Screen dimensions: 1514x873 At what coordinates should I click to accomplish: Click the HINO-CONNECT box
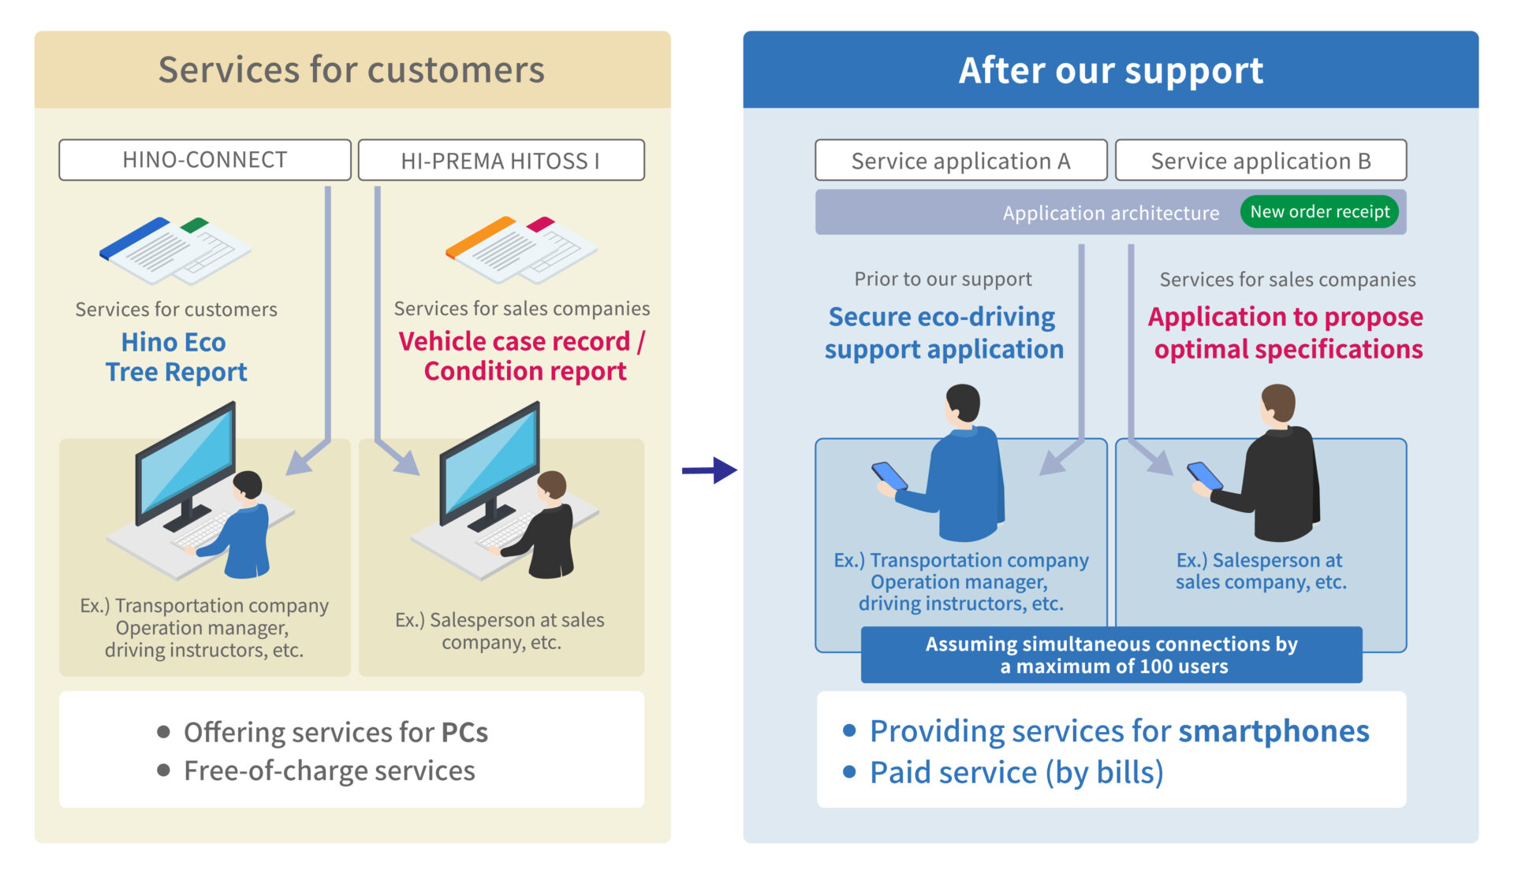click(x=205, y=160)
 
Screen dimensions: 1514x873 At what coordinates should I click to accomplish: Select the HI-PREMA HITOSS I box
click(x=501, y=160)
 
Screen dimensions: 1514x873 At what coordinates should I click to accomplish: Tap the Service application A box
click(x=960, y=160)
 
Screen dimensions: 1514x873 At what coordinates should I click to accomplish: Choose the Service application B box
click(x=1261, y=160)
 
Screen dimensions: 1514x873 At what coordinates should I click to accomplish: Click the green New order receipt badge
click(x=1319, y=212)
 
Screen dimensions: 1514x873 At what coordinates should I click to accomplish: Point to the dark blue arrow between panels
click(x=709, y=470)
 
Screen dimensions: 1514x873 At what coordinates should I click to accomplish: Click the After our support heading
click(x=1110, y=70)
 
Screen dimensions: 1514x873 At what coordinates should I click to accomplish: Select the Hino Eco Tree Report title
click(x=175, y=357)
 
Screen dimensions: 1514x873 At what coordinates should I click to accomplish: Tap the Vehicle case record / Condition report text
click(x=522, y=356)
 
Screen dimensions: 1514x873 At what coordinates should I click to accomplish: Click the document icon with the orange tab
click(x=520, y=249)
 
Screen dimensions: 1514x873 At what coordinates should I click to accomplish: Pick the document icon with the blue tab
click(x=175, y=250)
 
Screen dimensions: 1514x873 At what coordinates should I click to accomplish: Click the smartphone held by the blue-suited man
click(x=889, y=475)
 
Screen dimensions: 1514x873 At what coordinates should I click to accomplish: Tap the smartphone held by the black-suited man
click(x=1205, y=475)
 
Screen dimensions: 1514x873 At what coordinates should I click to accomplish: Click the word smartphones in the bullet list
click(x=1273, y=731)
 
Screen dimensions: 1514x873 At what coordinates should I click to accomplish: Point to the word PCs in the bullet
click(x=464, y=732)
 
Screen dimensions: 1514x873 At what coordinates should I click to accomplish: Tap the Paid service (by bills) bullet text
click(x=1016, y=773)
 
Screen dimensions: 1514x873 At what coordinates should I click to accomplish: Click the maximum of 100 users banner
click(x=1111, y=655)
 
